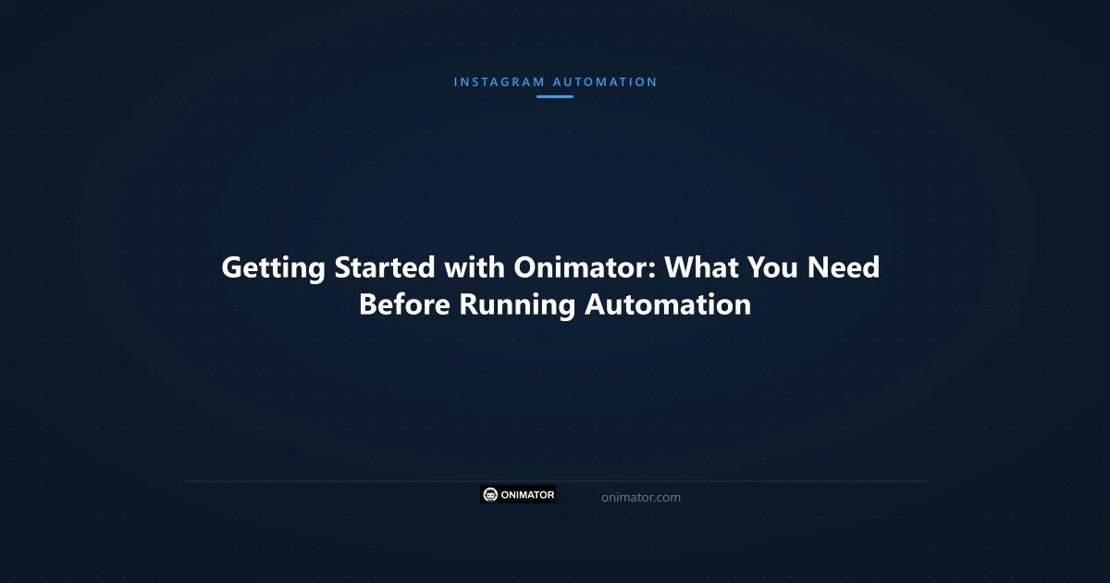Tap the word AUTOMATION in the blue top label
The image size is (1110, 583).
605,81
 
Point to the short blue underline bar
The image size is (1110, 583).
555,96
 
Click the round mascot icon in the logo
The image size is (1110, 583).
490,495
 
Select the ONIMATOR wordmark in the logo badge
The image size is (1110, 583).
527,495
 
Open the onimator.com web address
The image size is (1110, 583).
640,498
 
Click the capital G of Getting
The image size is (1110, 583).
232,268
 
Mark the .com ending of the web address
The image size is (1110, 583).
666,498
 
